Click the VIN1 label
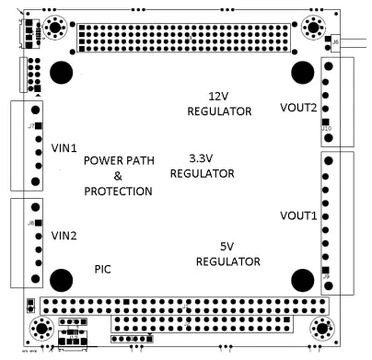[64, 147]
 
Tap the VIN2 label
[64, 234]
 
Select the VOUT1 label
[297, 215]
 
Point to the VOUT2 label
[299, 109]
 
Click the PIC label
[104, 269]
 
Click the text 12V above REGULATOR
[219, 96]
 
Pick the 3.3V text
[202, 157]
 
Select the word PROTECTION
[118, 192]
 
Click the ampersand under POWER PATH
[117, 176]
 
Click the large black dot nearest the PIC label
[62, 279]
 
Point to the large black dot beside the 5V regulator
[303, 279]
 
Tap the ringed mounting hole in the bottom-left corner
[41, 329]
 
